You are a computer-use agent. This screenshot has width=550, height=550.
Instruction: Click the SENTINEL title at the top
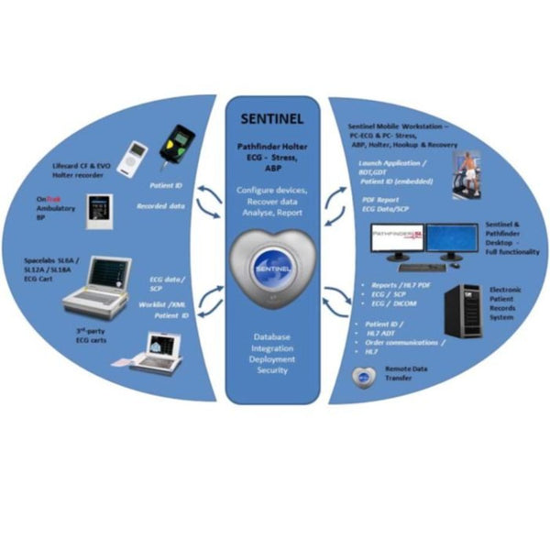[x=274, y=119]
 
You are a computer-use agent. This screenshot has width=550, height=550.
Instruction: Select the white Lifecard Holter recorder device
[x=136, y=155]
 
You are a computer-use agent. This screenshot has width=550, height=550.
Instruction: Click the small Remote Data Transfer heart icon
[x=362, y=376]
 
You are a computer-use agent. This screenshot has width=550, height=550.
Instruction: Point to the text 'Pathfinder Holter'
[x=274, y=145]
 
